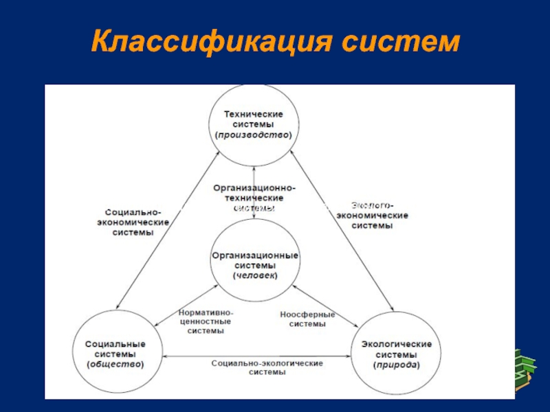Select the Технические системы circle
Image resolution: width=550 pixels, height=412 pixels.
point(254,124)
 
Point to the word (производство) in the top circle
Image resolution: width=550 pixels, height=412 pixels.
point(254,135)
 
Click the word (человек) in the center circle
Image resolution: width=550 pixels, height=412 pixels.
point(254,276)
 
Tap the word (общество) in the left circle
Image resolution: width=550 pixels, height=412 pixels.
point(115,364)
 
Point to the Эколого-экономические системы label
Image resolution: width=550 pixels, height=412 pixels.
point(372,215)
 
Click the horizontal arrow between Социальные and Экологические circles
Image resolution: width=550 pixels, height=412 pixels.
point(258,354)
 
